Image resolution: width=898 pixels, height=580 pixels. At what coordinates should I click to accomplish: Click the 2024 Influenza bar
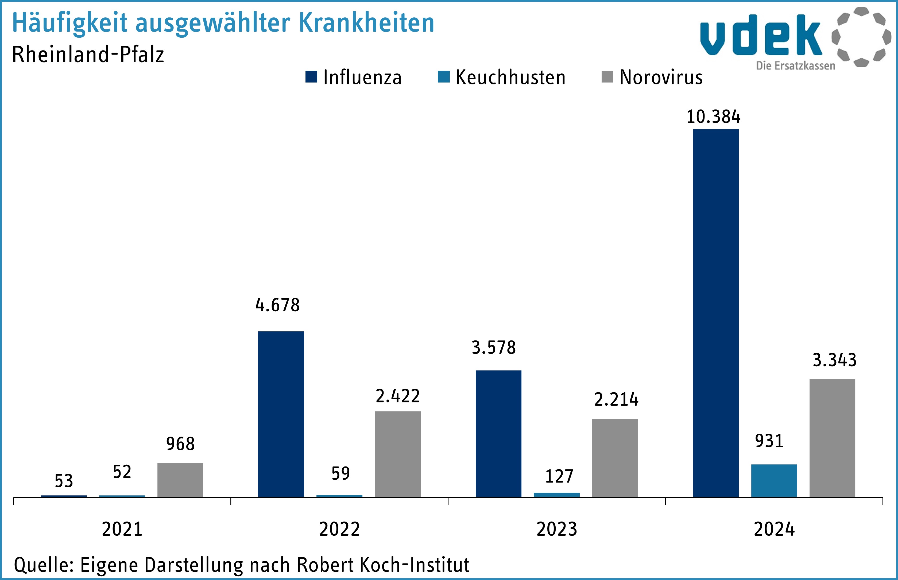point(716,313)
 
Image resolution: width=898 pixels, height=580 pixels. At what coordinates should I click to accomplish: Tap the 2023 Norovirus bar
point(615,458)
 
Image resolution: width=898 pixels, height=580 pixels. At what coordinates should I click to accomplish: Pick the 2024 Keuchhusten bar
point(774,481)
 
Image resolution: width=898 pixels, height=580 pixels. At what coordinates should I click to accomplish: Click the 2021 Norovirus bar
point(180,480)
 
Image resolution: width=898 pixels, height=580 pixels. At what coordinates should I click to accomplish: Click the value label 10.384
point(713,117)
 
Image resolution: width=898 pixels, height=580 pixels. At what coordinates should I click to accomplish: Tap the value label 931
point(769,441)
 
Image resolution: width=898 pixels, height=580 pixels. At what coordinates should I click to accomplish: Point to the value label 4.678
point(277,305)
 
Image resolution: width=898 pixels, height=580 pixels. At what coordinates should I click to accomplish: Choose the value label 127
point(559,476)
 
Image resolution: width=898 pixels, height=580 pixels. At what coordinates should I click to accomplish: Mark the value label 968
point(180,444)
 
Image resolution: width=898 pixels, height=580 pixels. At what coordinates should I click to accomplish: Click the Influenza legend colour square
point(311,77)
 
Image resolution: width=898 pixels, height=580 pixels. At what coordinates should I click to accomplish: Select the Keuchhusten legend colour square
point(444,77)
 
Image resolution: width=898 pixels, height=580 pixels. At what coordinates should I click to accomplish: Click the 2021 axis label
point(122,529)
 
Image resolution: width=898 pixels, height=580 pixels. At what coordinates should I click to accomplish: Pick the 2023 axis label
point(557,529)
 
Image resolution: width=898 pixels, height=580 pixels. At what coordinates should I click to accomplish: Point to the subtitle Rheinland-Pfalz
point(88,55)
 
